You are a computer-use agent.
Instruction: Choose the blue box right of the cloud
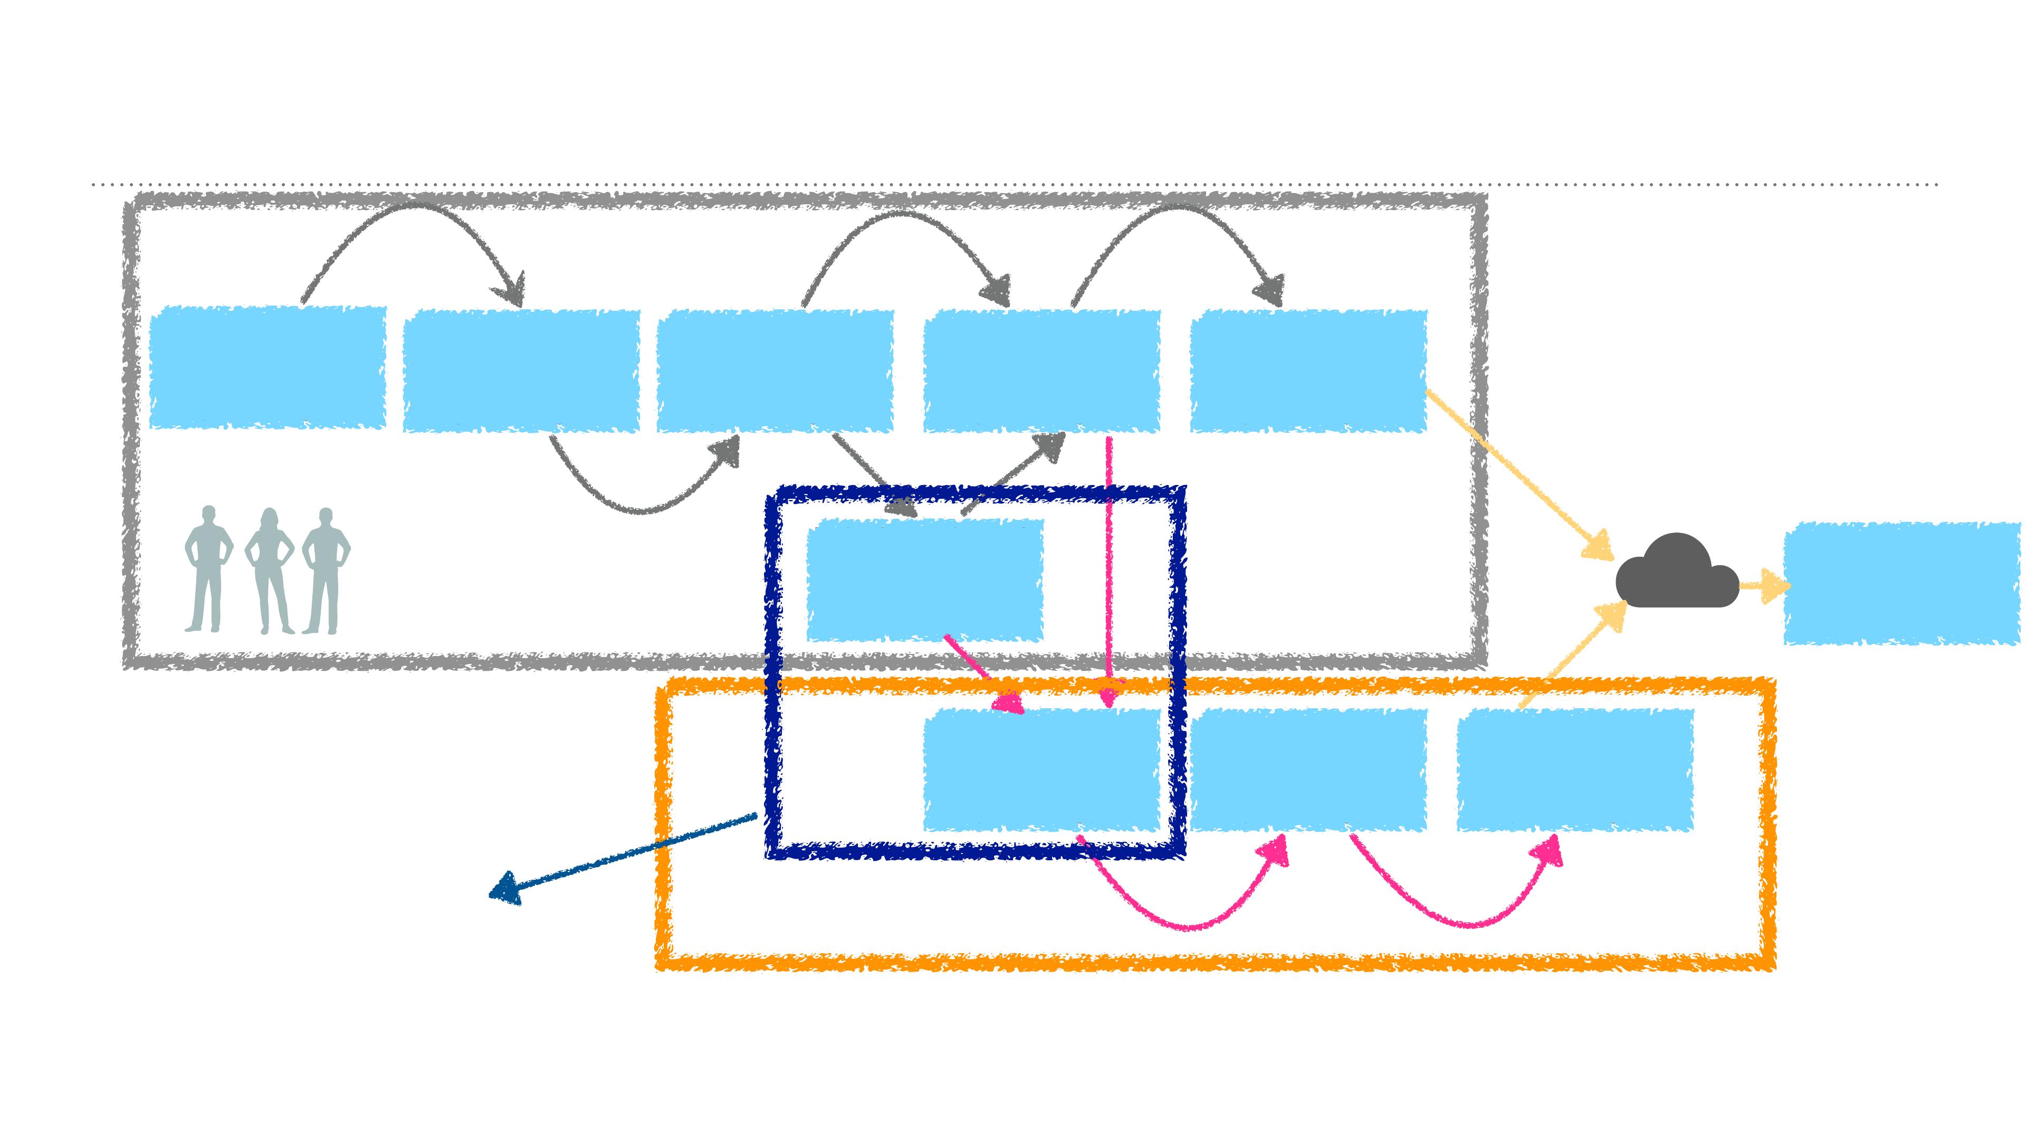coord(1901,583)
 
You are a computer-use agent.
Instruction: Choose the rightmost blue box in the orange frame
coord(1574,769)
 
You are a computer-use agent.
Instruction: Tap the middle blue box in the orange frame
coord(1308,769)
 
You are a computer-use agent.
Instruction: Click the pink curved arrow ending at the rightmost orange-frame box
coord(1463,922)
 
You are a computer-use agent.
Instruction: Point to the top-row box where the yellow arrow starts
coord(1308,370)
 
